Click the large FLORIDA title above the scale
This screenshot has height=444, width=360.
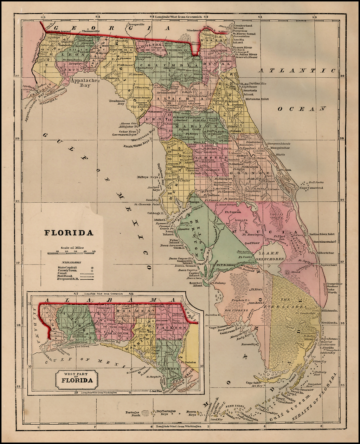pyautogui.click(x=69, y=233)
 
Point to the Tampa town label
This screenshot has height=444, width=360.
pyautogui.click(x=194, y=202)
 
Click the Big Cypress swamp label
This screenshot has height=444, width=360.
pyautogui.click(x=231, y=311)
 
